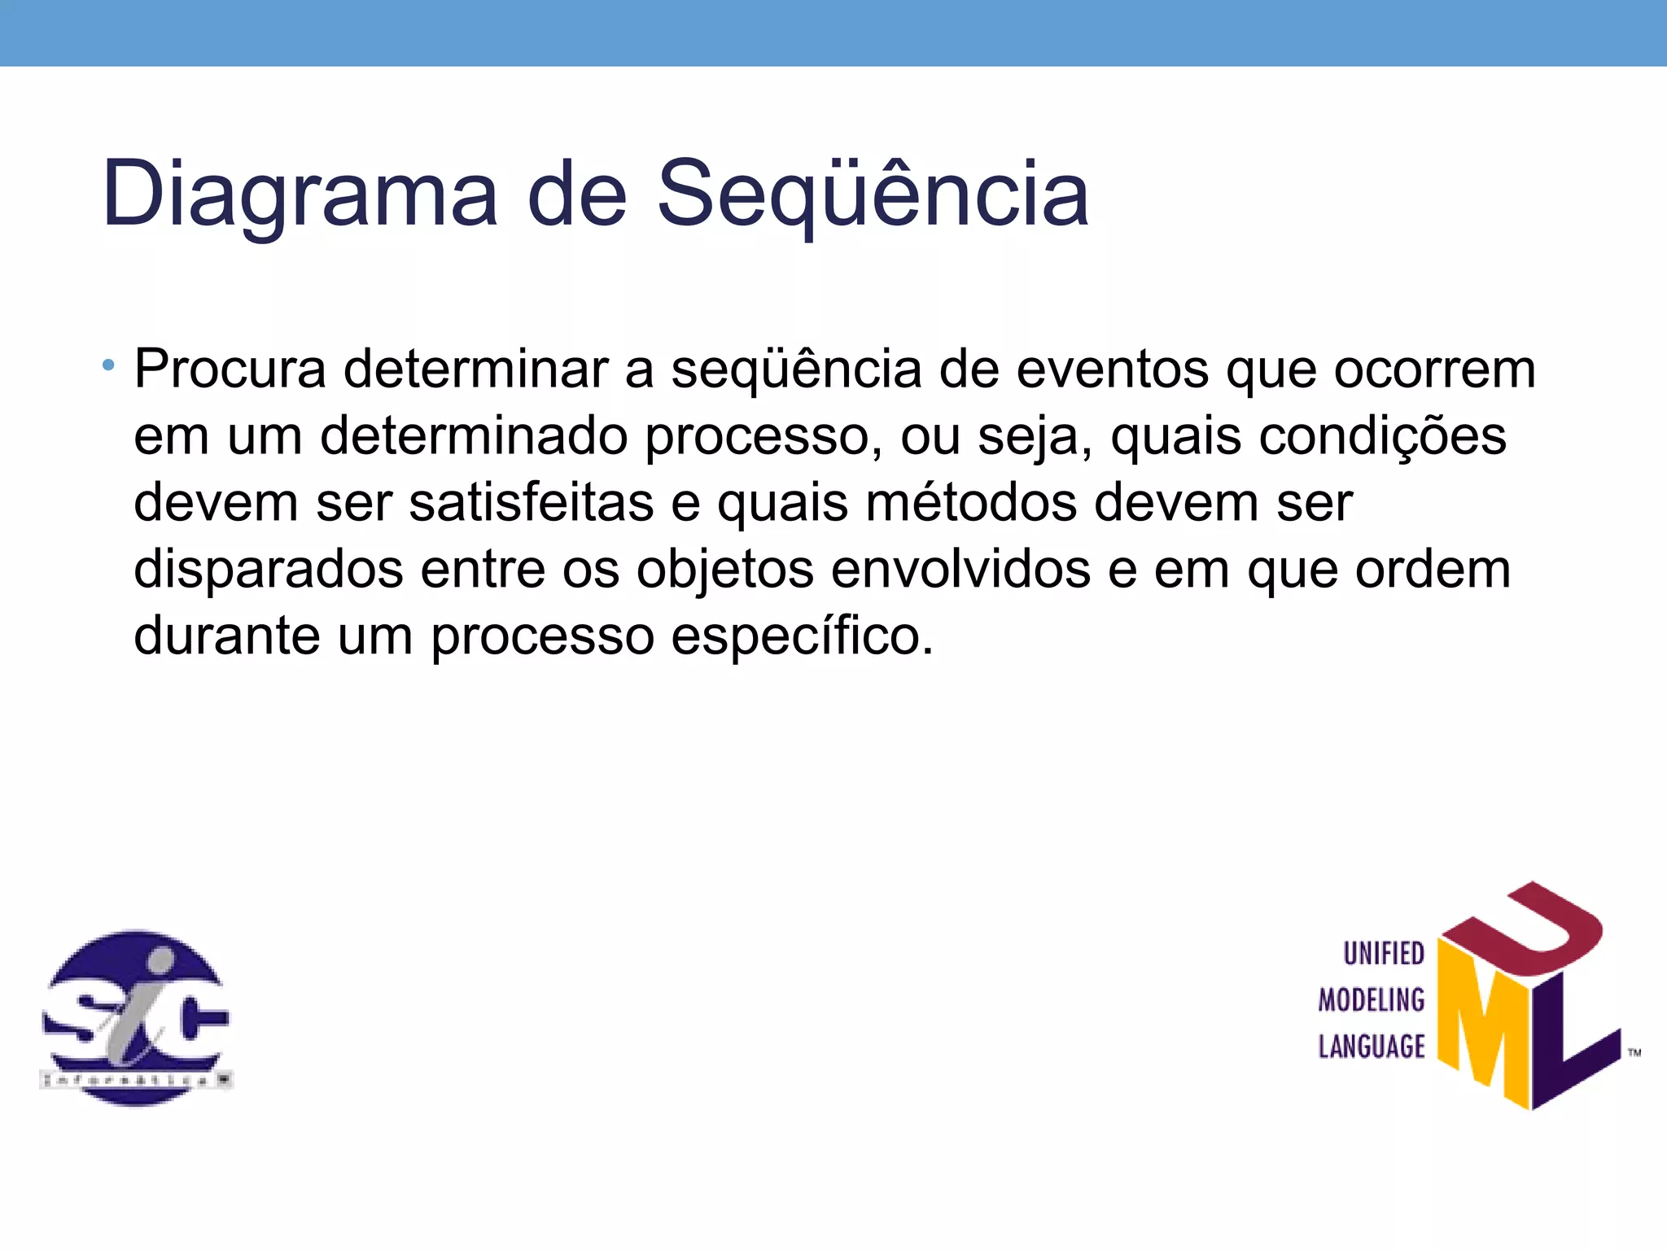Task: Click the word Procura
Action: (230, 369)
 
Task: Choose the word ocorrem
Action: (1434, 369)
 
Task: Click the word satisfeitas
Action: (531, 503)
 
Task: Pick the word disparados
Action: (268, 570)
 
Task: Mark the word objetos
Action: (724, 570)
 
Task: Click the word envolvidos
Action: (960, 570)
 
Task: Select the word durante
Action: (227, 636)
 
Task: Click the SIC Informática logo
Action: (136, 1018)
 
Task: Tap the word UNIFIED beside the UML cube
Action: (1383, 954)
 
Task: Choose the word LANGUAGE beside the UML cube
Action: (1372, 1047)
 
